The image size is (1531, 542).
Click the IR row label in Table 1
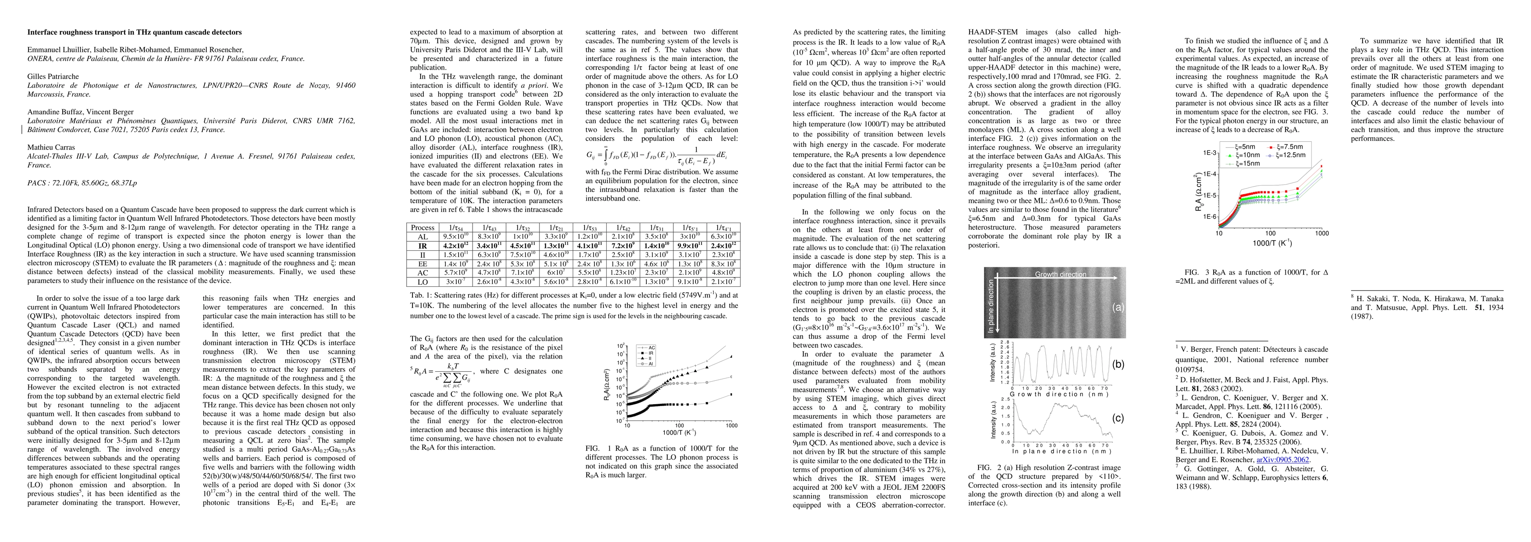[x=422, y=246]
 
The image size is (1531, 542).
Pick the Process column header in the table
[x=422, y=227]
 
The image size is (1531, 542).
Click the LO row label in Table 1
[x=422, y=281]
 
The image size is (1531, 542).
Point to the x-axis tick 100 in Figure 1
[x=679, y=425]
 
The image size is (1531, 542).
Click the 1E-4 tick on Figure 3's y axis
[x=1205, y=174]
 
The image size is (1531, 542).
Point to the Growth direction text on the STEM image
[x=1060, y=274]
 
